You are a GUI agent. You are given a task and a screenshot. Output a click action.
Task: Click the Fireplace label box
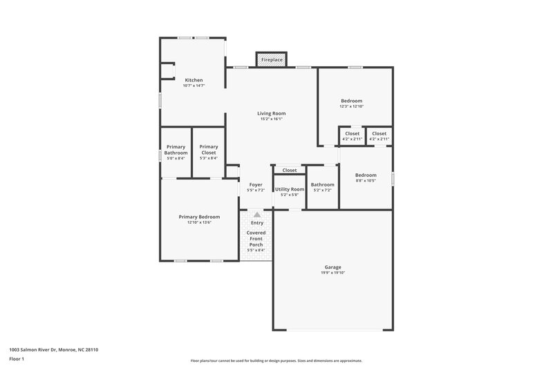point(272,60)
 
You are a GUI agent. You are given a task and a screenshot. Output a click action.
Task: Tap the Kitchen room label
point(194,80)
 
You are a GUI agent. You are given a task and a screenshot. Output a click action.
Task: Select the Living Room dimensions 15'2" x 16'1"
point(272,119)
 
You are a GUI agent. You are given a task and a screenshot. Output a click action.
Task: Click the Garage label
point(332,267)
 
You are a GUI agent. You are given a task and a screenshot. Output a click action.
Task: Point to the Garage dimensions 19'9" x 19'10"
point(332,273)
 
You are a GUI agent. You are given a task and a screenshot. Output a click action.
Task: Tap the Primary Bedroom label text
point(199,217)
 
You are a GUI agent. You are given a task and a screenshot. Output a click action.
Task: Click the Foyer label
point(256,184)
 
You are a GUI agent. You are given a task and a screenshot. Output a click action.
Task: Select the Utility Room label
point(289,189)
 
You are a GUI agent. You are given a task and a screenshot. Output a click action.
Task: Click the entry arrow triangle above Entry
point(257,215)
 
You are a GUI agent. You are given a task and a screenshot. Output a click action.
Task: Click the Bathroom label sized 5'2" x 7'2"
point(322,184)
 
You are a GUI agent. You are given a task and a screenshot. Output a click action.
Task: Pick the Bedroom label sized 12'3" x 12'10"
point(351,101)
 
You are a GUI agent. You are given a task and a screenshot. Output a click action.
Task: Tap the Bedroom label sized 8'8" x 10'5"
point(366,175)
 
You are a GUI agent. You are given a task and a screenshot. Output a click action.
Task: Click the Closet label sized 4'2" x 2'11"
point(352,133)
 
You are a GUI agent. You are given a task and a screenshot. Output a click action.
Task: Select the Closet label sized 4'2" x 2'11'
point(379,133)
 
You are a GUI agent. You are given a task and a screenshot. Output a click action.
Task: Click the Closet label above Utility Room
point(289,170)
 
